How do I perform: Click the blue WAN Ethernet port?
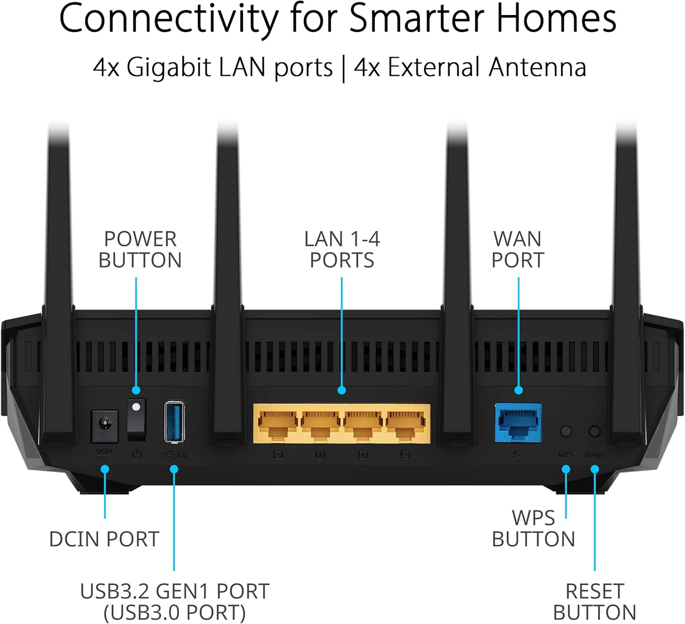[x=518, y=423]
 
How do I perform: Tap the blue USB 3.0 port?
[x=174, y=421]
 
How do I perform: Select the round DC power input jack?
[x=105, y=426]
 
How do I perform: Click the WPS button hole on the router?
[x=566, y=431]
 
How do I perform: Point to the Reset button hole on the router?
[x=595, y=431]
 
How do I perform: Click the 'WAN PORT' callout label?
[x=518, y=250]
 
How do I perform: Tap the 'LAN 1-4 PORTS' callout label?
[x=342, y=250]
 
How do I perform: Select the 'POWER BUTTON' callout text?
[x=140, y=250]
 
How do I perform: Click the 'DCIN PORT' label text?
[x=104, y=539]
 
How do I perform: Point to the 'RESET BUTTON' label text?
[x=595, y=602]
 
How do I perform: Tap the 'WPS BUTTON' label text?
[x=533, y=529]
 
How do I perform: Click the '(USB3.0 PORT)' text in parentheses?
[x=174, y=613]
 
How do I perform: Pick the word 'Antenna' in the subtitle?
[x=537, y=68]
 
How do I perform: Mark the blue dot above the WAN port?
[x=518, y=390]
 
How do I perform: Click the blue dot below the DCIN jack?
[x=105, y=469]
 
